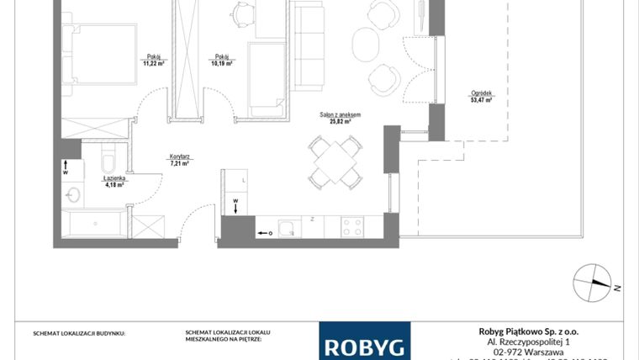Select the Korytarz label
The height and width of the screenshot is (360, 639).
click(x=177, y=156)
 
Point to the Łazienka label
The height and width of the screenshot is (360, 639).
click(x=114, y=178)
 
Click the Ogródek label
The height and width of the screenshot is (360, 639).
click(x=481, y=93)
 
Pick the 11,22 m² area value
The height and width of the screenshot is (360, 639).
click(x=153, y=62)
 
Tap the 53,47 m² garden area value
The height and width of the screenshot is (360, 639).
click(x=481, y=100)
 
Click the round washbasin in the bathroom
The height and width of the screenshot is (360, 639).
click(x=72, y=196)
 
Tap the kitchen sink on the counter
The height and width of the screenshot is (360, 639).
click(x=289, y=226)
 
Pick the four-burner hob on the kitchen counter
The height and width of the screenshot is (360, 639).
click(x=352, y=226)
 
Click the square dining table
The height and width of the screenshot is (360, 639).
click(x=335, y=162)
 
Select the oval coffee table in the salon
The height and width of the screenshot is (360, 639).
click(x=365, y=45)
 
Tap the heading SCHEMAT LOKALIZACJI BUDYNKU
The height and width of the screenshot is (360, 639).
click(x=79, y=334)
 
